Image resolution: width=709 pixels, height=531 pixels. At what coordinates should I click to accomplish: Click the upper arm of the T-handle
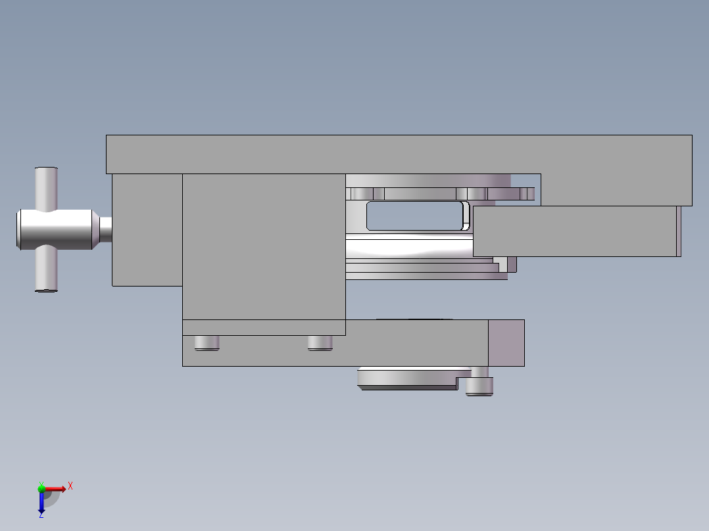[x=46, y=188]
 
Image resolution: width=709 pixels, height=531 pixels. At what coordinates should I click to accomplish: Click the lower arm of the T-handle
[x=46, y=269]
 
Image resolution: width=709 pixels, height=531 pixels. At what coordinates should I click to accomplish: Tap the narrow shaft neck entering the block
[x=105, y=229]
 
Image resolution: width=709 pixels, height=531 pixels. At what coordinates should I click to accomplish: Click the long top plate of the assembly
[x=395, y=154]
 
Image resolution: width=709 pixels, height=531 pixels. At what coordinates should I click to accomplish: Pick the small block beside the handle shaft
[x=147, y=230]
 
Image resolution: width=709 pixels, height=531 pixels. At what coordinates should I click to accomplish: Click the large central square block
[x=263, y=246]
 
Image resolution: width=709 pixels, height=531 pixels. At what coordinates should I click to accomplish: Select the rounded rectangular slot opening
[x=414, y=216]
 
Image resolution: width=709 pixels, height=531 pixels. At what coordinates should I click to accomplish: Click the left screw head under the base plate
[x=207, y=342]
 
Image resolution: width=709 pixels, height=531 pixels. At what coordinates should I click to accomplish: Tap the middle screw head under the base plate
[x=320, y=342]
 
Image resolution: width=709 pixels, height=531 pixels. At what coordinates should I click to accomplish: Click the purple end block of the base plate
[x=506, y=342]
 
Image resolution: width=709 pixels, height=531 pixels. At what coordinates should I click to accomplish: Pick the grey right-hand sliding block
[x=575, y=231]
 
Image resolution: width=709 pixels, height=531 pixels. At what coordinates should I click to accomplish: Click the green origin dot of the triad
[x=41, y=488]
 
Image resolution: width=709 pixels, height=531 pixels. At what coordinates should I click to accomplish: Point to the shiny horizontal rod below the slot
[x=408, y=248]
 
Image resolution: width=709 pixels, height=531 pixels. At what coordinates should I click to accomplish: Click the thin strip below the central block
[x=263, y=327]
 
